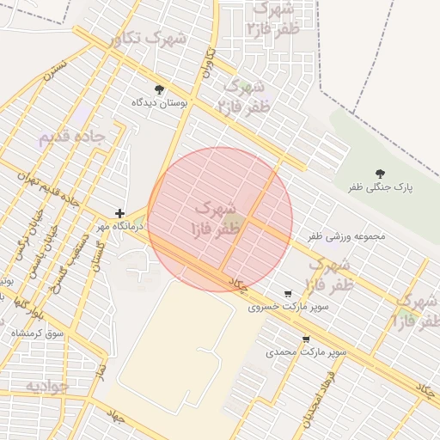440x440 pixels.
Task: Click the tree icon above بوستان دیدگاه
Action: tap(159, 89)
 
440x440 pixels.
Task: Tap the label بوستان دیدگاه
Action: tap(159, 102)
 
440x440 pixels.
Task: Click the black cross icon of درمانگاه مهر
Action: tap(119, 213)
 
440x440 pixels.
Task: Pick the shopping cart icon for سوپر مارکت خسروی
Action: tap(287, 293)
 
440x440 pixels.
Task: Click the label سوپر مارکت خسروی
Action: tap(277, 306)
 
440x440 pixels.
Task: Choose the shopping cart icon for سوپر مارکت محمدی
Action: tap(307, 339)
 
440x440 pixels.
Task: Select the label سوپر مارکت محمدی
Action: tap(306, 352)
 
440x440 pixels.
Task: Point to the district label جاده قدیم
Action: tap(71, 137)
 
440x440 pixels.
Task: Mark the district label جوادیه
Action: tap(47, 387)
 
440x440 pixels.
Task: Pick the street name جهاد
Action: tap(116, 418)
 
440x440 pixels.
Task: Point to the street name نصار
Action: tap(101, 370)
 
